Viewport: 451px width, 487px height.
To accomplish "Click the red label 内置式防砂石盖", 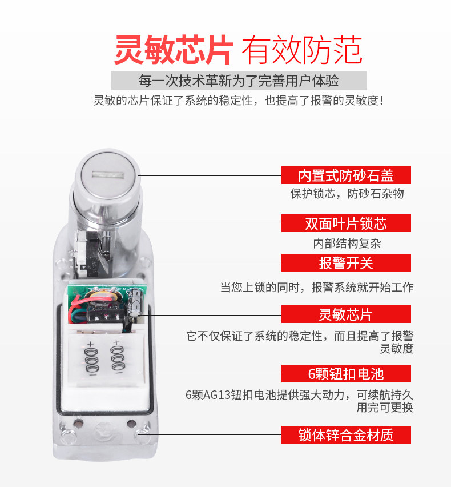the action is tap(346, 175).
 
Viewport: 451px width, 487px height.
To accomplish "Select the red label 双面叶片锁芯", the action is tap(346, 223).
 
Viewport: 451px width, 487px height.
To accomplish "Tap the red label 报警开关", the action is tap(346, 263).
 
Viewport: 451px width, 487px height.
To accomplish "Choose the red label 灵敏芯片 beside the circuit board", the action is tap(346, 314).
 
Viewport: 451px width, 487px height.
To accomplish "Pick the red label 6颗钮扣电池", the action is tap(346, 374).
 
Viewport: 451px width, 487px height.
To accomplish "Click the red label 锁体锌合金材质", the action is tap(346, 435).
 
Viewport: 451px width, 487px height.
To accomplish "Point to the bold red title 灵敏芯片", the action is tap(174, 50).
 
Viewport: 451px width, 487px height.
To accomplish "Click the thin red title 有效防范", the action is tap(302, 50).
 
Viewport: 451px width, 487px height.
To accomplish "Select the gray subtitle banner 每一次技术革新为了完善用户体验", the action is tap(239, 81).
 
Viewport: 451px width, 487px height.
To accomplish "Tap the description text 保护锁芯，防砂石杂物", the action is tap(347, 194).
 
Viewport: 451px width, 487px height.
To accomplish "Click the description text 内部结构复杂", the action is tap(347, 243).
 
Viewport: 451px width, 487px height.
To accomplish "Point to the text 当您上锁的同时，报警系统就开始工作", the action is tap(317, 287).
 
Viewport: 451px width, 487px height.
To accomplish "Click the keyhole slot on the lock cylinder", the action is tap(108, 175).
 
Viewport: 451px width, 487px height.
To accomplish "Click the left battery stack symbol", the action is tap(91, 359).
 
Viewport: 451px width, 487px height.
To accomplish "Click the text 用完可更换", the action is tap(385, 408).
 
